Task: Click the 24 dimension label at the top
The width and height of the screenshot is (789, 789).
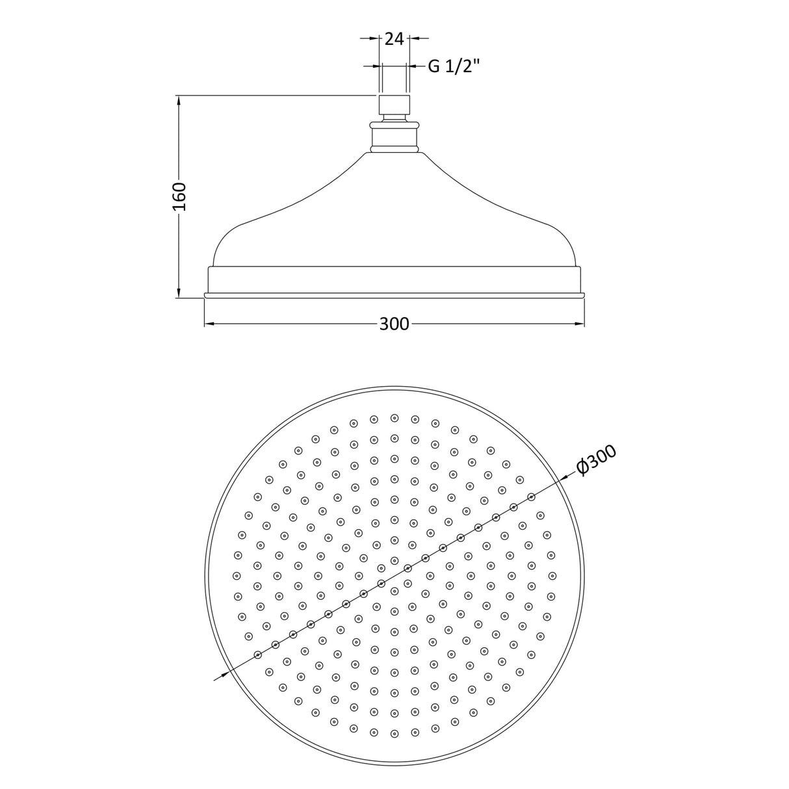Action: pyautogui.click(x=394, y=39)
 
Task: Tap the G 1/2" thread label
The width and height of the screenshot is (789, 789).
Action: pyautogui.click(x=453, y=66)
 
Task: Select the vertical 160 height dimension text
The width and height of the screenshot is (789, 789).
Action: pyautogui.click(x=179, y=196)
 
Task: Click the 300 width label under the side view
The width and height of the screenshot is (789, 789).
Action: pyautogui.click(x=394, y=324)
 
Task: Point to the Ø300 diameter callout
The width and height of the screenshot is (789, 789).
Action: pyautogui.click(x=596, y=461)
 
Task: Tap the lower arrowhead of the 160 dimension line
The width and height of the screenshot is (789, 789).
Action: pyautogui.click(x=179, y=292)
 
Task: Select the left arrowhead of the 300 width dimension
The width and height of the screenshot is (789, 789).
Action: pyautogui.click(x=210, y=324)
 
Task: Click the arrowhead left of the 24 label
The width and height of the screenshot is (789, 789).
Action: pyautogui.click(x=374, y=39)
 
